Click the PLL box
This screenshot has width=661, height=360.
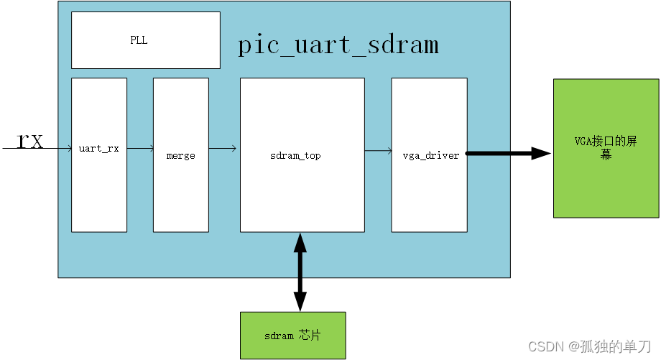[x=146, y=41]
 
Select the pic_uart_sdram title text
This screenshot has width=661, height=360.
[x=338, y=45]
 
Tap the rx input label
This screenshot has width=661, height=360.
[x=30, y=140]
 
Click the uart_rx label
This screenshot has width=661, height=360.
[x=99, y=149]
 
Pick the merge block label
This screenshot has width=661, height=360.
[x=180, y=155]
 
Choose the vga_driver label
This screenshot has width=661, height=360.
[x=430, y=155]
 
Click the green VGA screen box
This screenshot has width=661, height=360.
[x=606, y=148]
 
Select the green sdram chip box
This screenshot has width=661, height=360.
[x=292, y=336]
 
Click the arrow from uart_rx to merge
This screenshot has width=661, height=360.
[x=140, y=149]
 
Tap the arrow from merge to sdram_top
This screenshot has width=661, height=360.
[x=223, y=149]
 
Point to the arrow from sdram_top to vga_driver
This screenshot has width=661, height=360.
[x=377, y=151]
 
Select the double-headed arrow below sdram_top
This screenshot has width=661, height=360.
[x=300, y=272]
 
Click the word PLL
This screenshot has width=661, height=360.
[x=139, y=40]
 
